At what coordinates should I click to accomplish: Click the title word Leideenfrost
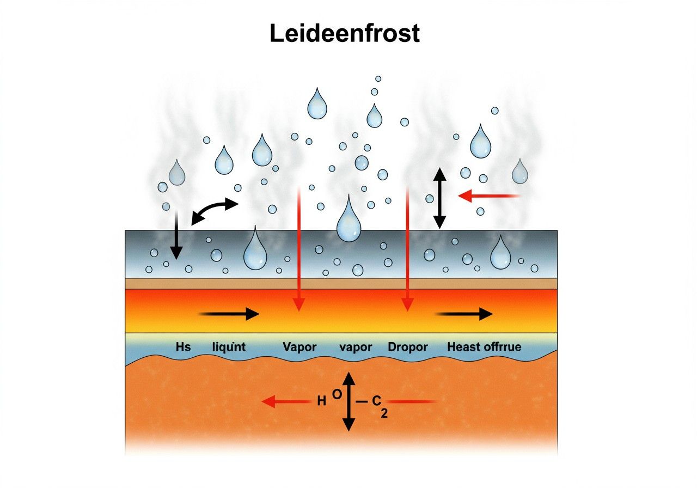(345, 34)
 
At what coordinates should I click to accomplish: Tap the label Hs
(184, 346)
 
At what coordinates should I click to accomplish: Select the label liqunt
(228, 347)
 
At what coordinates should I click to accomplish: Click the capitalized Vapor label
(299, 346)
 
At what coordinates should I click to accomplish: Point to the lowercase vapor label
(356, 347)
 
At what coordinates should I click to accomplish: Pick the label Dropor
(408, 347)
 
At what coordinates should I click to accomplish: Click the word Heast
(464, 346)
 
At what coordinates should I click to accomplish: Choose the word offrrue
(503, 346)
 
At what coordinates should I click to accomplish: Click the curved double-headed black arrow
(215, 211)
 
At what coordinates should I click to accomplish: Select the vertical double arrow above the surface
(439, 198)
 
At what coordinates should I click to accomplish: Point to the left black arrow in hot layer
(229, 313)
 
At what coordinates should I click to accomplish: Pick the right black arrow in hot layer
(464, 313)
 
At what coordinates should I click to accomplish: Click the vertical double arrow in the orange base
(348, 401)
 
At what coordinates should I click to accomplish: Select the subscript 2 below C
(384, 414)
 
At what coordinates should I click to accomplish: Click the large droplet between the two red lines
(349, 220)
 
